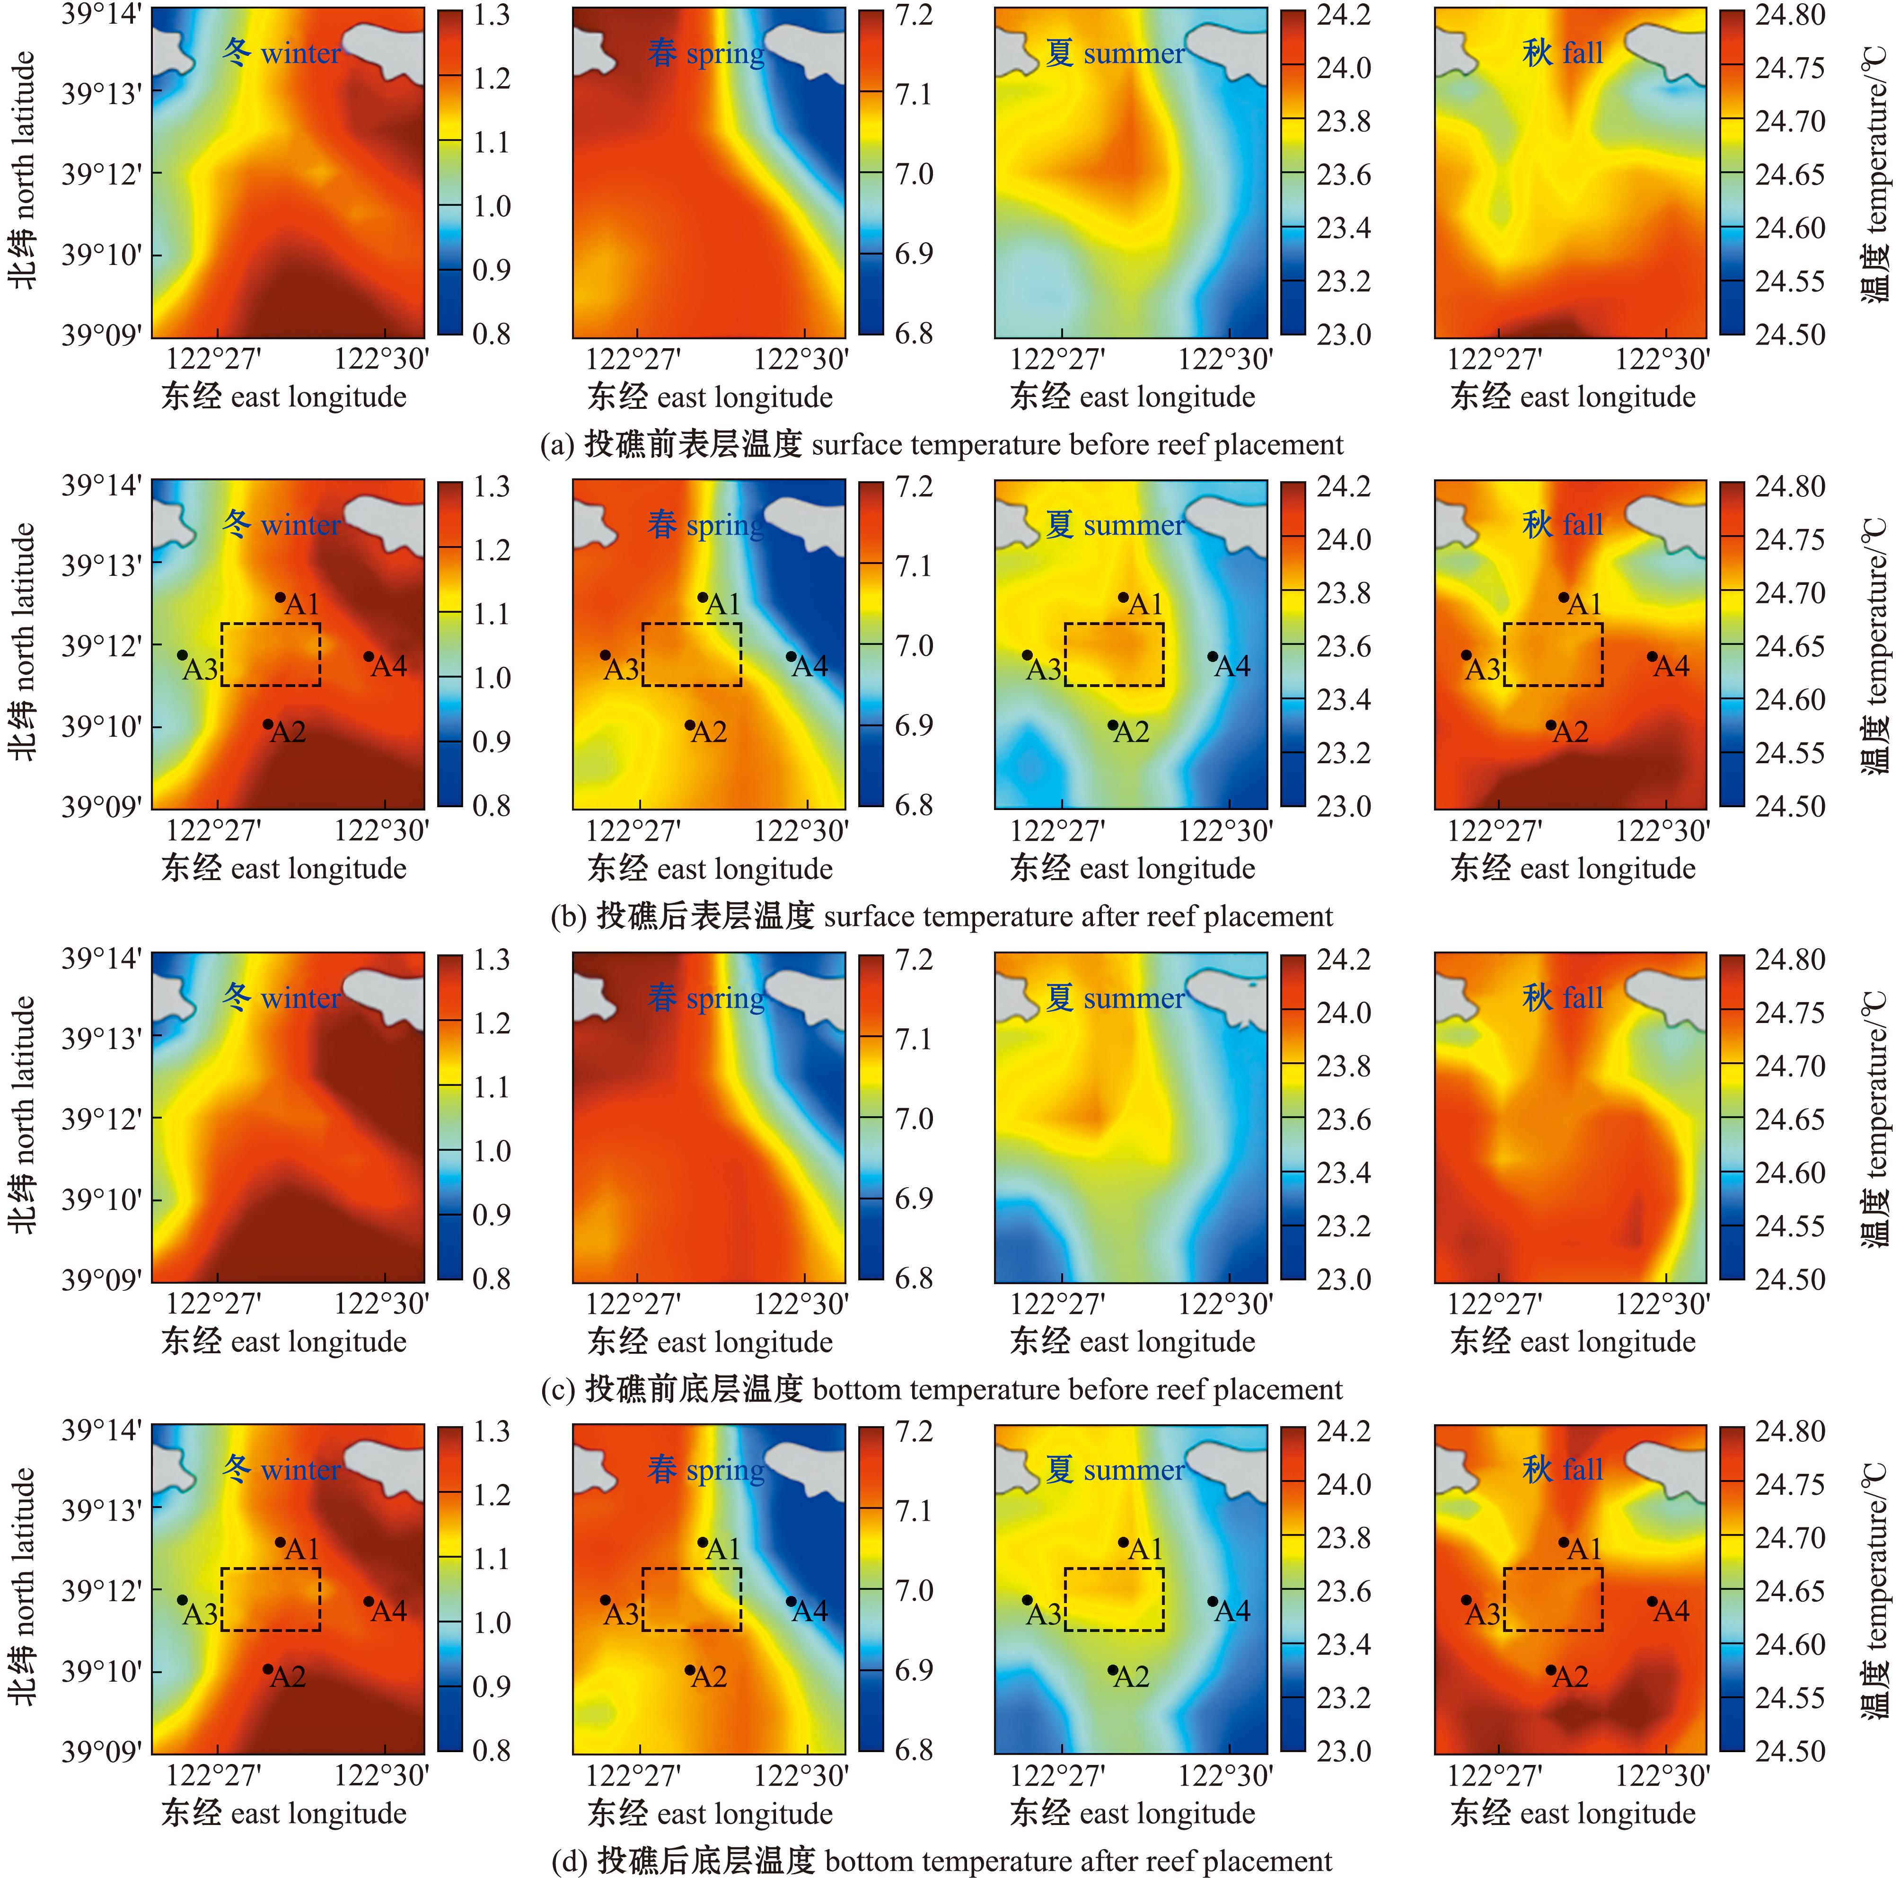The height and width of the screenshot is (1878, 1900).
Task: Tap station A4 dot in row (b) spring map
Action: point(791,656)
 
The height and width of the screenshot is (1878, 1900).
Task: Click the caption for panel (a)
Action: point(941,445)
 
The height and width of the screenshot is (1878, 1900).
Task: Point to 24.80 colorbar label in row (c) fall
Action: point(1790,960)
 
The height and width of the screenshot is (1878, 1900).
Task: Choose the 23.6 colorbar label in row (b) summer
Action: point(1343,646)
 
